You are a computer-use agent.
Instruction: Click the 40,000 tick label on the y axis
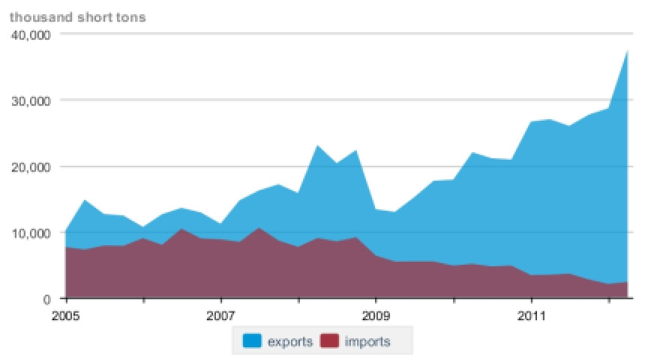pyautogui.click(x=29, y=34)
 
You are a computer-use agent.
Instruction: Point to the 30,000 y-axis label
pyautogui.click(x=29, y=100)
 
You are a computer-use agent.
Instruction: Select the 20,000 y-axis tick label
pyautogui.click(x=29, y=166)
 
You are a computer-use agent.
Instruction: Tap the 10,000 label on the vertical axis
pyautogui.click(x=29, y=232)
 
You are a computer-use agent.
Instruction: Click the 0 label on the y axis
pyautogui.click(x=46, y=298)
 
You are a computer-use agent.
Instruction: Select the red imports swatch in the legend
pyautogui.click(x=330, y=342)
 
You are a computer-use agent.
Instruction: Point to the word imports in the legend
pyautogui.click(x=367, y=342)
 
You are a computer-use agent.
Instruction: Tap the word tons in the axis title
pyautogui.click(x=132, y=16)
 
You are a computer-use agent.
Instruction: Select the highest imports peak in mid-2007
pyautogui.click(x=259, y=227)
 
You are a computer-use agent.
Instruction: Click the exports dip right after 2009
pyautogui.click(x=394, y=212)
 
